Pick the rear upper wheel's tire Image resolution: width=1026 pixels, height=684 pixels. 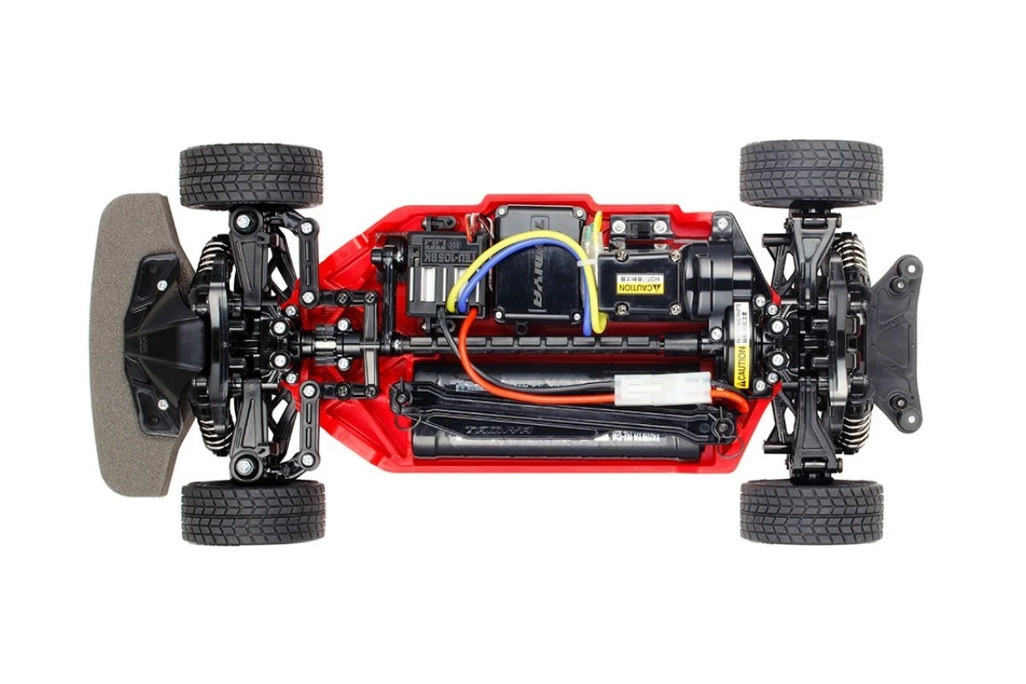coord(810,174)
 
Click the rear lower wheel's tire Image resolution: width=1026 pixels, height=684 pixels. coord(810,510)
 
